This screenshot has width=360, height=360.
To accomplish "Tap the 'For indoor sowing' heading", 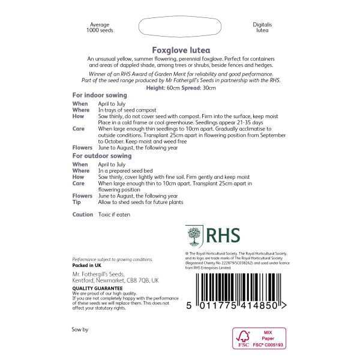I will (x=97, y=95).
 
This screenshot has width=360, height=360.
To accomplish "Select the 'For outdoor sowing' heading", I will (x=101, y=156).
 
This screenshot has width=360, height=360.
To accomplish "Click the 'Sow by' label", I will (x=80, y=329).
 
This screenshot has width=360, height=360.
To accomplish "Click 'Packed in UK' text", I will (x=87, y=265).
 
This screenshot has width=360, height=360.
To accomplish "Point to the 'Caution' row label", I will (x=83, y=214).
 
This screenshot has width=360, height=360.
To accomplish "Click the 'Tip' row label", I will (x=76, y=202).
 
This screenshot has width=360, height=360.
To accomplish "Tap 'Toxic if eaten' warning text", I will (x=114, y=214).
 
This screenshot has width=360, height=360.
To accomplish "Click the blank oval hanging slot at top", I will (x=181, y=28).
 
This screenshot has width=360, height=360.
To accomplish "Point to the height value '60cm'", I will (x=175, y=88).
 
